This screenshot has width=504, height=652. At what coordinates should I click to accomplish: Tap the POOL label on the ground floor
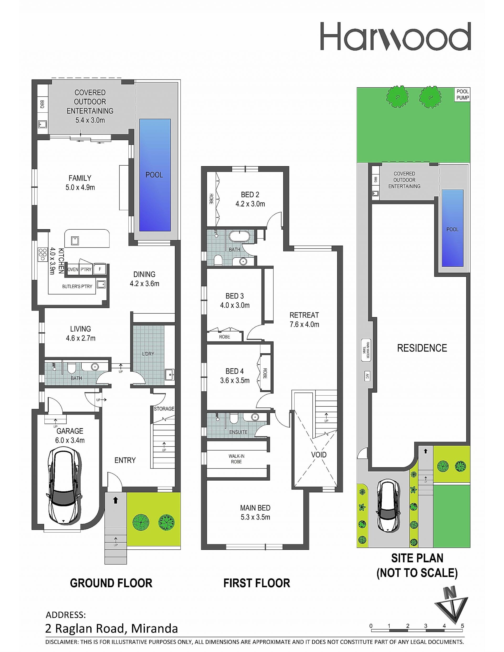point(154,175)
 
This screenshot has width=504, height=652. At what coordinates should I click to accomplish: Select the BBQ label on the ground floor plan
point(42,104)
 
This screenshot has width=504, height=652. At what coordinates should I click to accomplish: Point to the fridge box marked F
point(100,269)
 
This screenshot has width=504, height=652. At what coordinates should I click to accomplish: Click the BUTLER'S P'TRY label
point(77,286)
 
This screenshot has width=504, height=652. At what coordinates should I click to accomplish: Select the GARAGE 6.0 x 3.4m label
point(70,435)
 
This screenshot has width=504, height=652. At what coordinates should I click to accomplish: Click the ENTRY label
point(125,460)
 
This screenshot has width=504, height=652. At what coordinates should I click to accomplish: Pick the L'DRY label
point(148,354)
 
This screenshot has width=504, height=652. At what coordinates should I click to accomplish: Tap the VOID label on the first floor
point(319,455)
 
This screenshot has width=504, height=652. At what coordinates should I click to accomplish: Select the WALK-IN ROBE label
point(236,459)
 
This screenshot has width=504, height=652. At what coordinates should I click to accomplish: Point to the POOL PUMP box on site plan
point(463,95)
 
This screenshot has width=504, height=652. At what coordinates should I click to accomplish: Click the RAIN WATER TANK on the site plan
point(366,350)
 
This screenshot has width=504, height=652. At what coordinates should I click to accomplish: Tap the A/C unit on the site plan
point(367,377)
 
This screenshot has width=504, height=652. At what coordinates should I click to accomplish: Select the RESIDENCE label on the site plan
point(422,348)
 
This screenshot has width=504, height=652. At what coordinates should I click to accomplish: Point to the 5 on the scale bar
point(463,626)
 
